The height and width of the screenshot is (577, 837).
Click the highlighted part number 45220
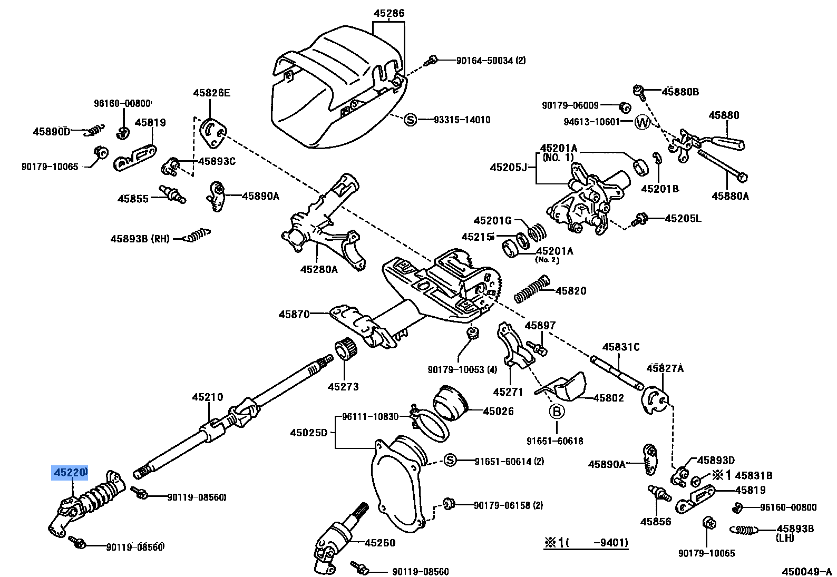pos(70,473)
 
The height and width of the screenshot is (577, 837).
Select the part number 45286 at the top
pos(389,13)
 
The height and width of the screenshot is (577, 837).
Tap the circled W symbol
pos(642,122)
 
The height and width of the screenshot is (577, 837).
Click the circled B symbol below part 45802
pos(557,412)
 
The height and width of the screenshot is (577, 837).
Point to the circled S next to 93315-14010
pos(410,120)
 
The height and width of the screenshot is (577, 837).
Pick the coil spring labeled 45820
pos(531,290)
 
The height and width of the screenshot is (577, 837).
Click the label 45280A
pos(319,269)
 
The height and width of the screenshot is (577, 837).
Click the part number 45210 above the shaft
pos(207,397)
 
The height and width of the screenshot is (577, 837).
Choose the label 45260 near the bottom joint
pos(379,543)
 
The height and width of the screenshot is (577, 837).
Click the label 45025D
pos(309,433)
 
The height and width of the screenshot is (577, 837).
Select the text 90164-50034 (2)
pos(491,61)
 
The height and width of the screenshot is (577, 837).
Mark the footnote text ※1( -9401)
pos(586,542)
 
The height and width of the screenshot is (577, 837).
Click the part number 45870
pos(294,314)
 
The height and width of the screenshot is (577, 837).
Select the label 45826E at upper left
pos(211,93)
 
